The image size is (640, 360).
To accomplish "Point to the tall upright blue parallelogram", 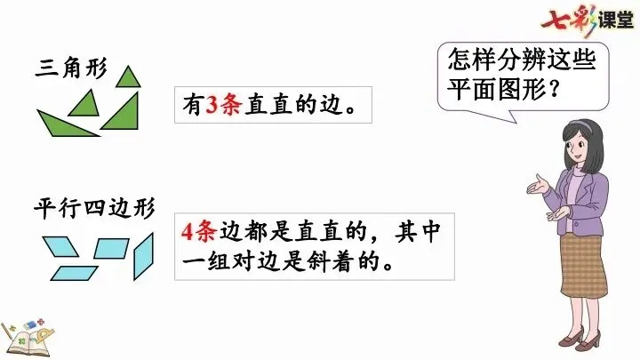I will pos(143,257).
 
